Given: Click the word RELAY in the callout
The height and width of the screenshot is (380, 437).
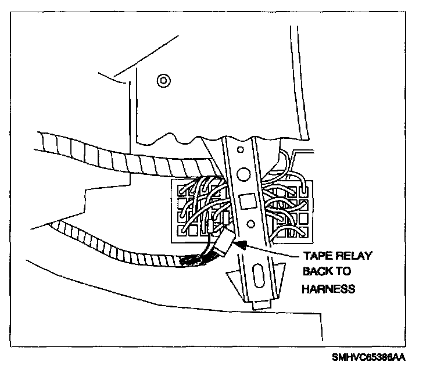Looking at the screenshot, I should tap(352, 256).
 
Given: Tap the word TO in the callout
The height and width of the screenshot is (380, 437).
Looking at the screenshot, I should tap(346, 272).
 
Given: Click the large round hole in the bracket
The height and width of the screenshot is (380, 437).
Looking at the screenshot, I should tap(243, 173).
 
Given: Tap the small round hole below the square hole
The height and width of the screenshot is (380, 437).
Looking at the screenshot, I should tap(250, 223).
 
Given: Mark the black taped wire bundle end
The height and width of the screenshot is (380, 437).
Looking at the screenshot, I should tap(194, 260).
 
